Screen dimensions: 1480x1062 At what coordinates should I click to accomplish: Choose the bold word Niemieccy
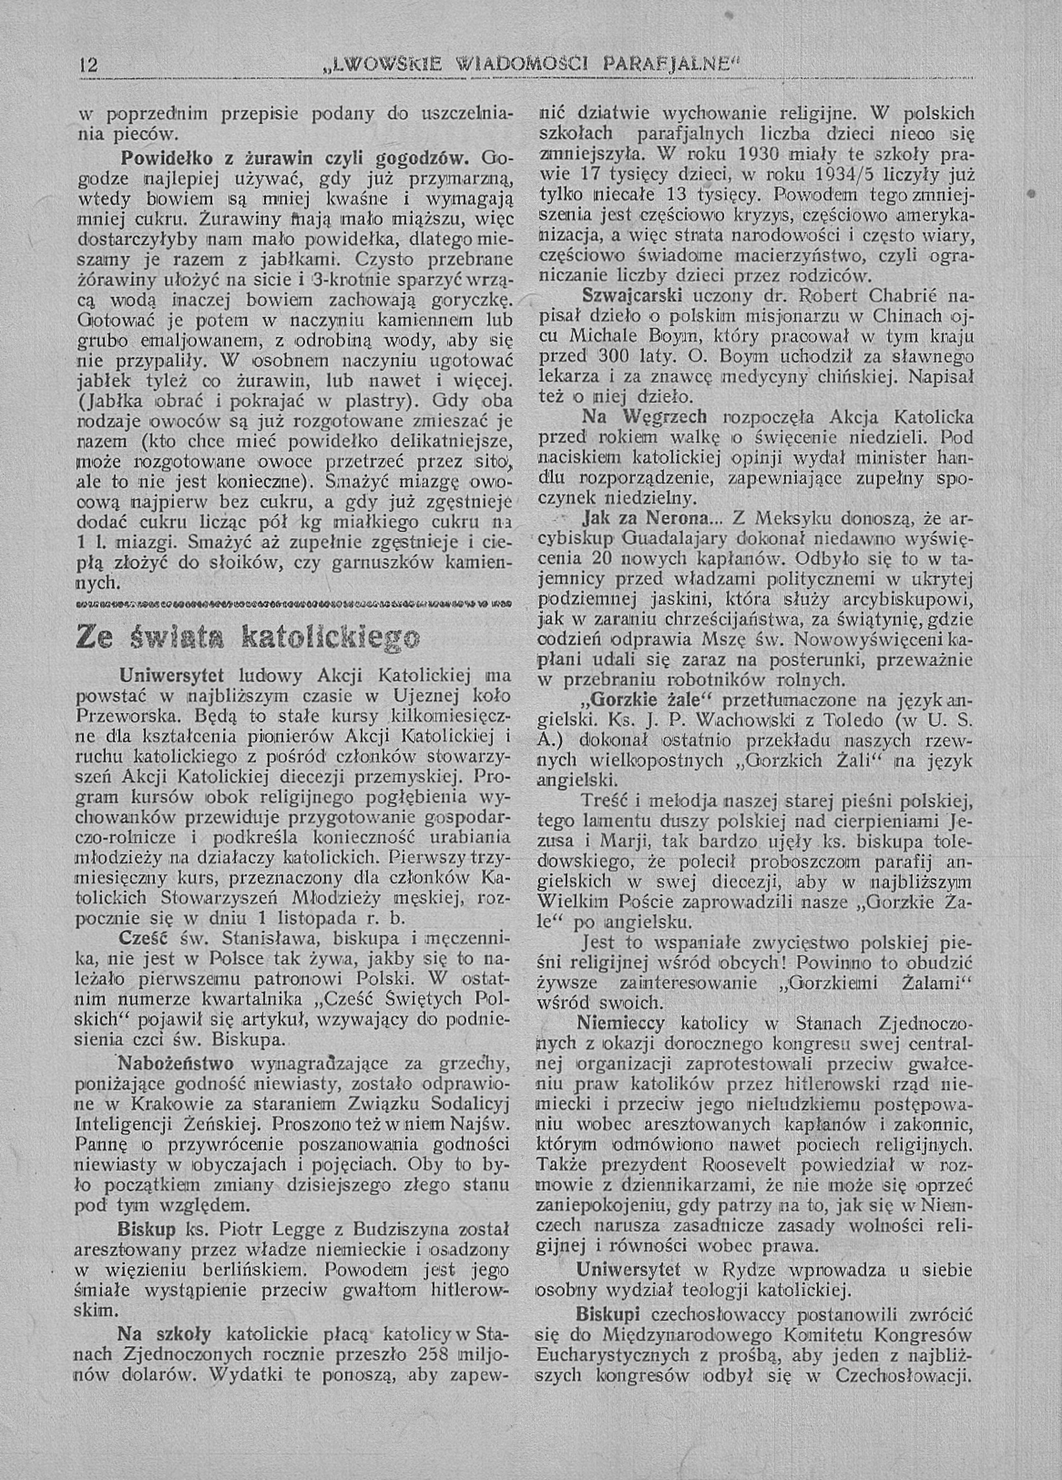(x=621, y=1023)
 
